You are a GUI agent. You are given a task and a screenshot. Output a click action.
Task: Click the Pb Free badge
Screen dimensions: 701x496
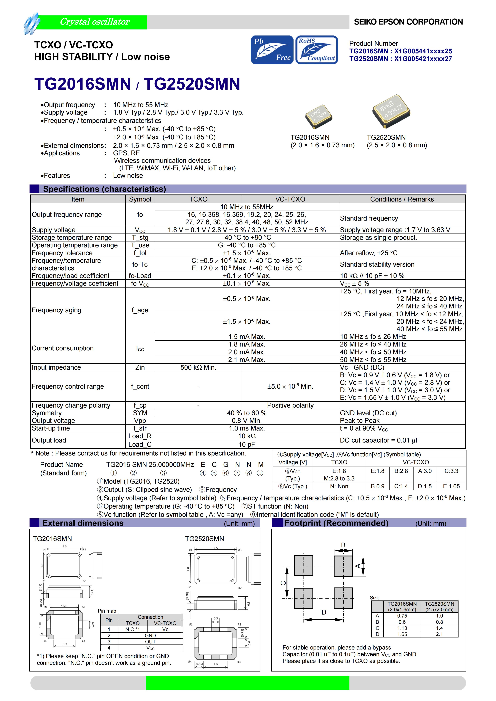point(272,50)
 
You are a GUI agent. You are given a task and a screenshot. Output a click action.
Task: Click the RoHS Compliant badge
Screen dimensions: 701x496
point(317,50)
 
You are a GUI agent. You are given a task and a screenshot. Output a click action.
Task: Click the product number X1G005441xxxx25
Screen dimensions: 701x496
point(423,51)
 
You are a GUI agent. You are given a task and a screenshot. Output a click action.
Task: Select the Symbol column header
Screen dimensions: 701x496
point(140,199)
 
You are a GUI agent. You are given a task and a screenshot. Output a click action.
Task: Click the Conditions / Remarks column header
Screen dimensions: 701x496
point(402,199)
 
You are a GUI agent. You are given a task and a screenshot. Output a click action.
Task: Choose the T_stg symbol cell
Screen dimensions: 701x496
point(140,238)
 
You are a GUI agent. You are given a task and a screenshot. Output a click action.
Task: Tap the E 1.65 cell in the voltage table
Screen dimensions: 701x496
point(451,486)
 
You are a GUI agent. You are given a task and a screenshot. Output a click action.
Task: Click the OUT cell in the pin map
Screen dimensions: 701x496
point(150,642)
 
